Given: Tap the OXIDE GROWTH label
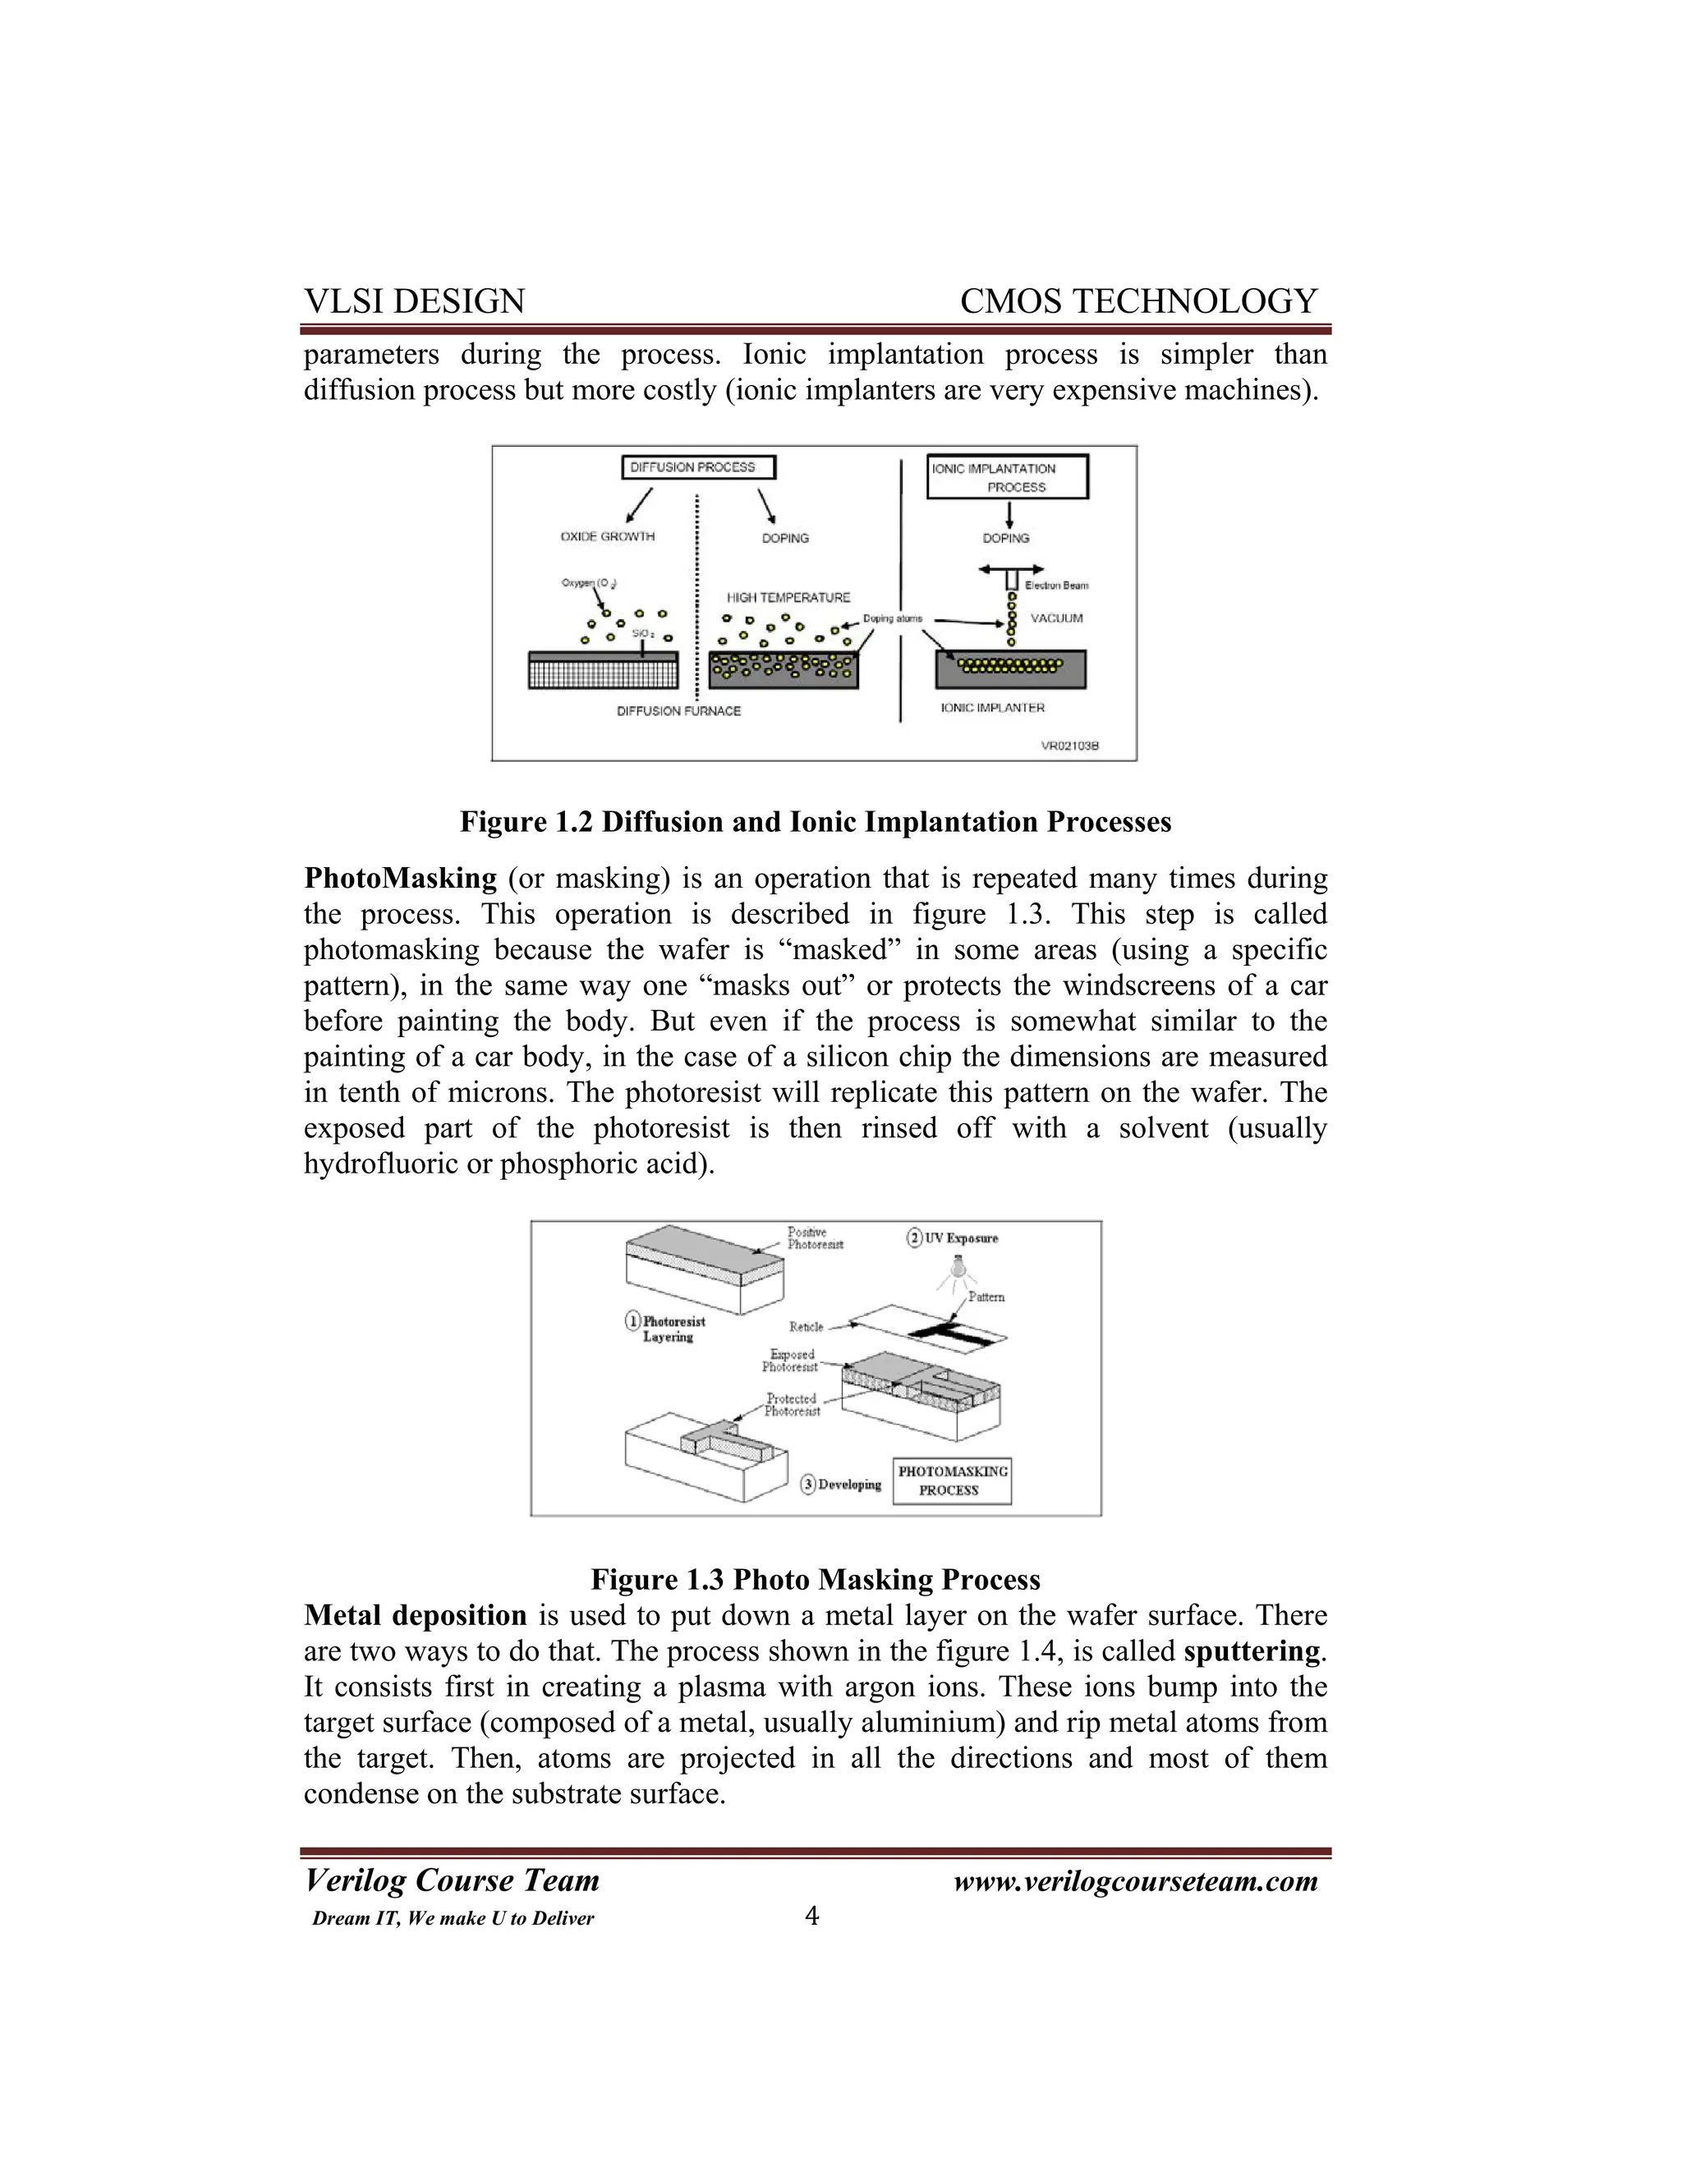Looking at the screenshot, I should point(607,537).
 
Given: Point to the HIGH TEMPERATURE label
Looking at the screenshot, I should point(788,598).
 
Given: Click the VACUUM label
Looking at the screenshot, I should point(1056,619).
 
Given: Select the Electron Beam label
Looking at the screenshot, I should point(1056,585).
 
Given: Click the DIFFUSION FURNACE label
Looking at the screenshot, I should point(678,711).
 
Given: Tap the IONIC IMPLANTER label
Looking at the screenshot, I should point(992,709).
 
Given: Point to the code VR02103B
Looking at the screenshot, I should point(1069,746).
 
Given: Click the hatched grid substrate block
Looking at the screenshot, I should point(603,671).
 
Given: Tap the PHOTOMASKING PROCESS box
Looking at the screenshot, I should point(952,1481).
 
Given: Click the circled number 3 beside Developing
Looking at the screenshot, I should point(809,1485).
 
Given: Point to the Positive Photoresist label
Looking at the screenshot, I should point(815,1238).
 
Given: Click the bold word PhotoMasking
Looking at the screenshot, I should point(400,879).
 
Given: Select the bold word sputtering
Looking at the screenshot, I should point(1252,1651).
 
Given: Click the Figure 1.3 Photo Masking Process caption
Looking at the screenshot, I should point(815,1579).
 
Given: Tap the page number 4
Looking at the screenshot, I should point(812,1916).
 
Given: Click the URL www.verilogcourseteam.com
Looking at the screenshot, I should point(1135,1881).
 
